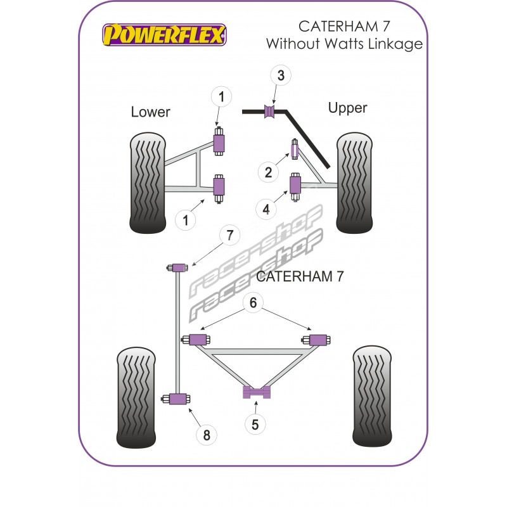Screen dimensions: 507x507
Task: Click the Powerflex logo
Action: coord(164,34)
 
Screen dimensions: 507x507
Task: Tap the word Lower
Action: coord(151,112)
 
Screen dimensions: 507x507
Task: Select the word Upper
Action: coord(347,108)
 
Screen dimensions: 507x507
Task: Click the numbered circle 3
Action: coord(281,75)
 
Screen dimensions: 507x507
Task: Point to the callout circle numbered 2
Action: coord(268,171)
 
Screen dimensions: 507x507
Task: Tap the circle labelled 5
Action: coord(255,424)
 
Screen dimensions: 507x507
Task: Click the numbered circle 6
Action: coord(253,303)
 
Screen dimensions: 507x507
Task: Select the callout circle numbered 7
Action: coord(229,236)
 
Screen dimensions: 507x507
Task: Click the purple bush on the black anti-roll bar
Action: coord(269,112)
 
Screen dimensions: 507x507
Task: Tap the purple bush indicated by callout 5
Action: coord(257,392)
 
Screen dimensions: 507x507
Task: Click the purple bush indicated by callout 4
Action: coord(295,185)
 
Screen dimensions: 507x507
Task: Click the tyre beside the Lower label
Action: coord(147,182)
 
